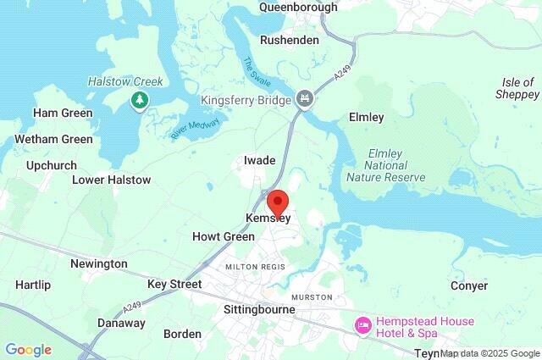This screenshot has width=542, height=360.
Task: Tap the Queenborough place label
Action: pyautogui.click(x=298, y=8)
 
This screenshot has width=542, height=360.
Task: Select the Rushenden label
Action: pyautogui.click(x=290, y=40)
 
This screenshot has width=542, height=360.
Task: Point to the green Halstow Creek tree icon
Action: pyautogui.click(x=138, y=102)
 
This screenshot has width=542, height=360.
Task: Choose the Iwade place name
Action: pyautogui.click(x=260, y=160)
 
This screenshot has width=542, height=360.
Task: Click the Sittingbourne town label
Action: pyautogui.click(x=258, y=310)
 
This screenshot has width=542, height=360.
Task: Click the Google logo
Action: pyautogui.click(x=28, y=350)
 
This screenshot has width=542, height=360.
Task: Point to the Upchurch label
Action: pyautogui.click(x=52, y=165)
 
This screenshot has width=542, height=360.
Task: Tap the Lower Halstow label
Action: pyautogui.click(x=112, y=180)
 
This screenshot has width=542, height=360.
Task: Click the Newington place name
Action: pyautogui.click(x=99, y=264)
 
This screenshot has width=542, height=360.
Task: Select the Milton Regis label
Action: pyautogui.click(x=256, y=268)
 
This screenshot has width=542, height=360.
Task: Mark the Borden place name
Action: pyautogui.click(x=182, y=334)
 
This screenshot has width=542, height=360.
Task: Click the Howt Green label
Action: pyautogui.click(x=224, y=236)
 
